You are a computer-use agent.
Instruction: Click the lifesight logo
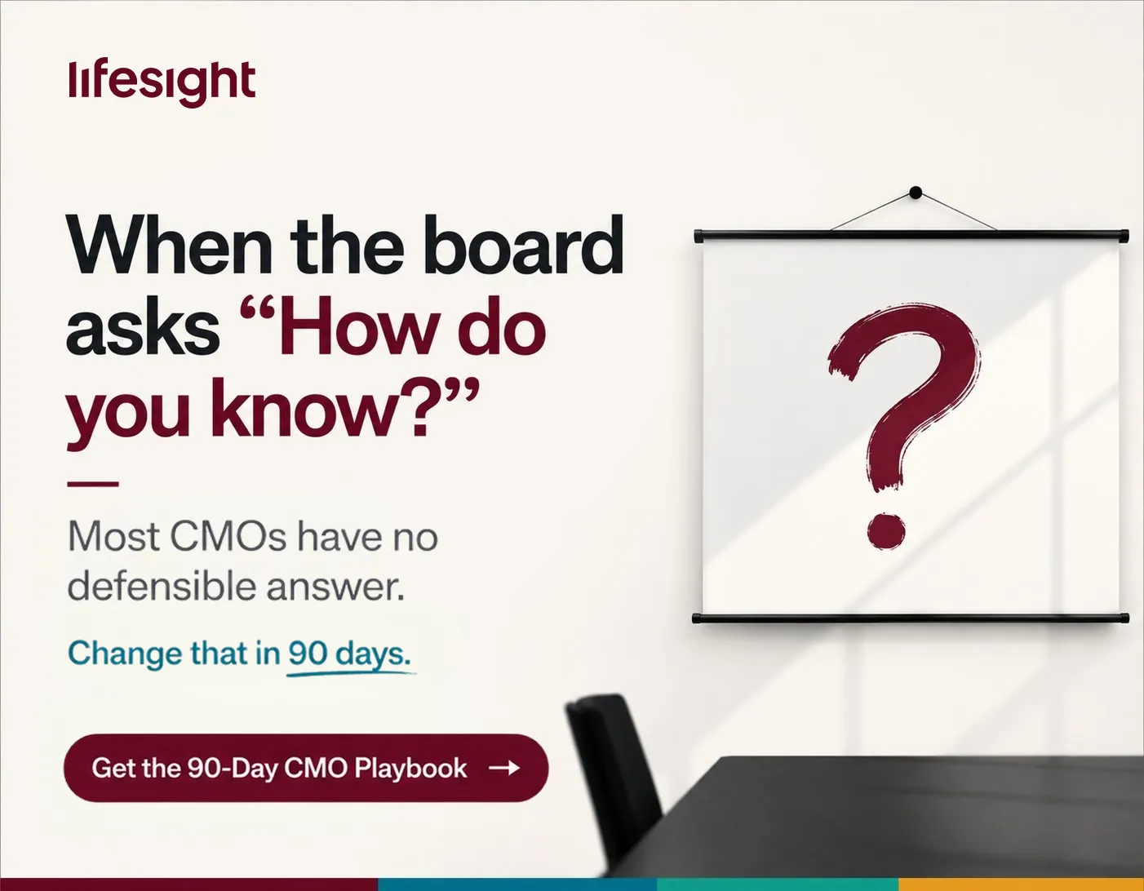click(162, 82)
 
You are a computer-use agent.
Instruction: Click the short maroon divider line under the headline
click(93, 484)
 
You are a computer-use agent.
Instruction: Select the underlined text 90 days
click(349, 654)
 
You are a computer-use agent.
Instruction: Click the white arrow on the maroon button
click(504, 768)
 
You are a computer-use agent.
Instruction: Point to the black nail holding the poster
click(916, 193)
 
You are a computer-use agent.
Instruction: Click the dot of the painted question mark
click(886, 532)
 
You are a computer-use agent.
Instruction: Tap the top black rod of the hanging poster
click(911, 236)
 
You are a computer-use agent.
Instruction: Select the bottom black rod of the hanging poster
click(911, 618)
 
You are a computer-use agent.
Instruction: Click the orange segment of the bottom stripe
click(1021, 884)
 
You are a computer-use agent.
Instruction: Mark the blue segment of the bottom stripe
click(517, 884)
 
